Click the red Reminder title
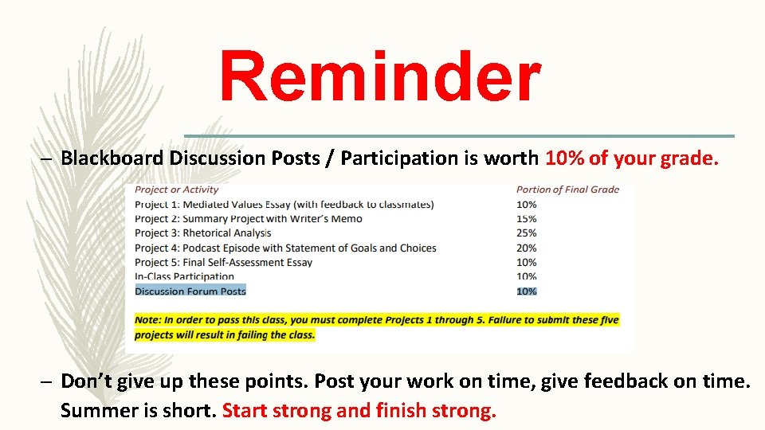coord(380,77)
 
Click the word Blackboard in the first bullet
coord(112,158)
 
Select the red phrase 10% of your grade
coord(632,158)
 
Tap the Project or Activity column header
coord(176,190)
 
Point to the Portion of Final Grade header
coord(567,190)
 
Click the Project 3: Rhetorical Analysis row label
coord(202,233)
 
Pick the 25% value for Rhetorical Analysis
coord(527,233)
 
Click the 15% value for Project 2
coord(527,219)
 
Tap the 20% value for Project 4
coord(527,248)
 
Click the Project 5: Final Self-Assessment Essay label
coord(223,262)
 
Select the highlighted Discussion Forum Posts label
coord(190,291)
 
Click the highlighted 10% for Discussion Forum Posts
coord(527,291)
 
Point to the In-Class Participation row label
coord(184,276)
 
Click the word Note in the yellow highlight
coord(147,320)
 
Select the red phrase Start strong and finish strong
coord(359,411)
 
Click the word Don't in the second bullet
coord(85,381)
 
